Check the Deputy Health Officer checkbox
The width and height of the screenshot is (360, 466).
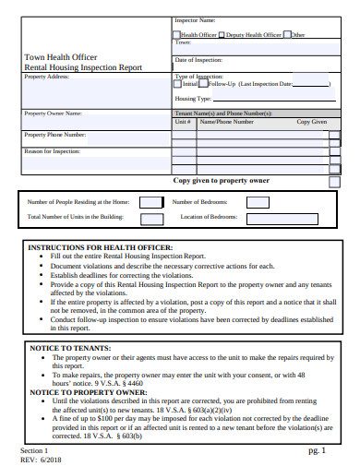(x=222, y=35)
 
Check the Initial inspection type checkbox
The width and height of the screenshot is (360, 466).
(x=178, y=83)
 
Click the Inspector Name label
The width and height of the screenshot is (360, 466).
(x=195, y=19)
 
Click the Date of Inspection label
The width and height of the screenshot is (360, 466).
(x=198, y=59)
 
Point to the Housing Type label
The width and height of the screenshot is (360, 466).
(x=193, y=98)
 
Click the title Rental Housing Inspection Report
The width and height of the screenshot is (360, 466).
(x=83, y=66)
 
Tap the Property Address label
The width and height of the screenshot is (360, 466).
(x=46, y=77)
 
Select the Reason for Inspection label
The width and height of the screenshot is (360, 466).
(x=52, y=149)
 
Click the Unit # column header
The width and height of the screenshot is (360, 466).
(x=182, y=121)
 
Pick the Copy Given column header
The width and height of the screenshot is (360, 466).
(x=311, y=121)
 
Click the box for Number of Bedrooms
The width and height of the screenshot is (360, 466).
(x=258, y=202)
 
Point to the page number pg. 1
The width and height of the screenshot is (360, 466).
(x=317, y=450)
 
